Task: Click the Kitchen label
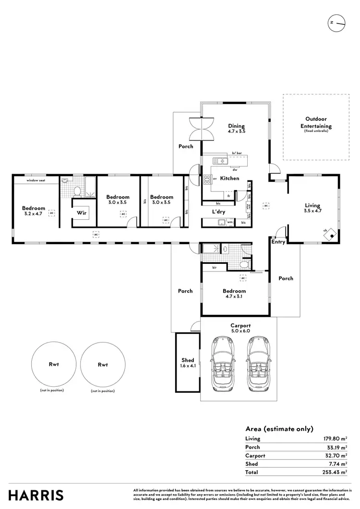coord(229,178)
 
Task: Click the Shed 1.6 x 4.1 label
coord(188,363)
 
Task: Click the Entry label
coord(278,242)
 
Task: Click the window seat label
coord(35,180)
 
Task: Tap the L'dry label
coord(219,212)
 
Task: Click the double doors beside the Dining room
coord(201,129)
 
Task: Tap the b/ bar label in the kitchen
coord(236,153)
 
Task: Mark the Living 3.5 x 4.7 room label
coord(312,208)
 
